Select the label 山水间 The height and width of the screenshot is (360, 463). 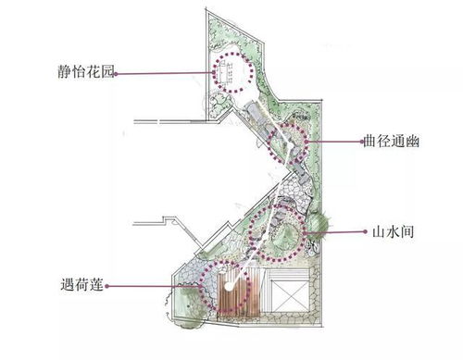click(381, 233)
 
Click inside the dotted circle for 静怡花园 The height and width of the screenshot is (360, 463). click(232, 72)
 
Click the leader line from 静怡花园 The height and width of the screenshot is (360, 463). click(167, 72)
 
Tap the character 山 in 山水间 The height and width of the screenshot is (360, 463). click(364, 233)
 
